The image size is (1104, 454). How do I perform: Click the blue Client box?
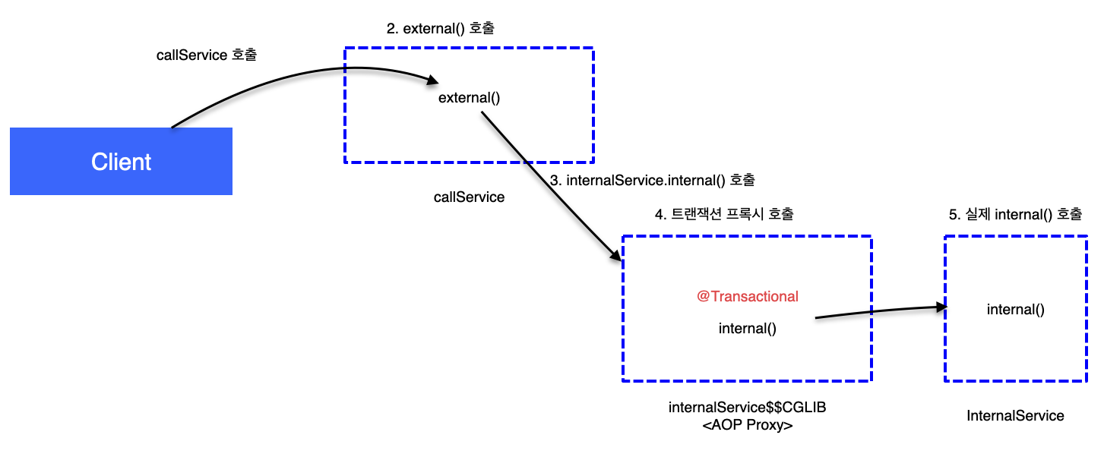[x=121, y=162]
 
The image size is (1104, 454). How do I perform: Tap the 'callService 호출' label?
[x=207, y=55]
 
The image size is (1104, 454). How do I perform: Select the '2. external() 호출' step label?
[x=441, y=29]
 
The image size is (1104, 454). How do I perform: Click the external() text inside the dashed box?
[x=469, y=98]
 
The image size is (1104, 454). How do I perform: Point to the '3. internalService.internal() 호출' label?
[x=653, y=181]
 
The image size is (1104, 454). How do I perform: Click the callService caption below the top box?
[x=469, y=197]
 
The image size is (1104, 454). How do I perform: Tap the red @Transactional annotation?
[x=748, y=297]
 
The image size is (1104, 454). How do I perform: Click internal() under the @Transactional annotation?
[x=748, y=329]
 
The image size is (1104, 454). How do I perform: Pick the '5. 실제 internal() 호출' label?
[x=1015, y=215]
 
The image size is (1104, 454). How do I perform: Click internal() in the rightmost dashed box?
[x=1016, y=309]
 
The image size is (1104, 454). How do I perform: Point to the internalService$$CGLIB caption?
[x=747, y=408]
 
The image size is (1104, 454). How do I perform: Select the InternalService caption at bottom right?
[x=1015, y=416]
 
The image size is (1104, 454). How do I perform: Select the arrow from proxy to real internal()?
[x=874, y=311]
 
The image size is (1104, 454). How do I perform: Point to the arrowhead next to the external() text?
[x=432, y=80]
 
